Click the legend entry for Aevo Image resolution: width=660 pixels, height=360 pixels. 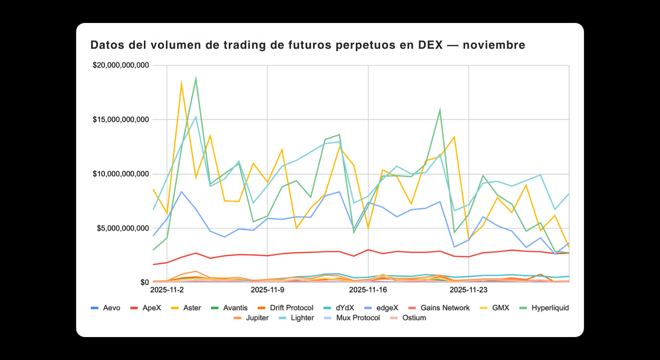(x=105, y=308)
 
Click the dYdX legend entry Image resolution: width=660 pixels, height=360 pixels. (x=340, y=308)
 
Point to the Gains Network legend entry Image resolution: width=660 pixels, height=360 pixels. (x=439, y=308)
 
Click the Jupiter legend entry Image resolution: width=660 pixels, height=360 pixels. (x=251, y=318)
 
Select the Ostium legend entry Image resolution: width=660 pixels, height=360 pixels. (x=409, y=318)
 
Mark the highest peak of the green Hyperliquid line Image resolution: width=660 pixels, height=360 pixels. (x=195, y=78)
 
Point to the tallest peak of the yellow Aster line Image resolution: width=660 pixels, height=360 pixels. (x=181, y=83)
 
